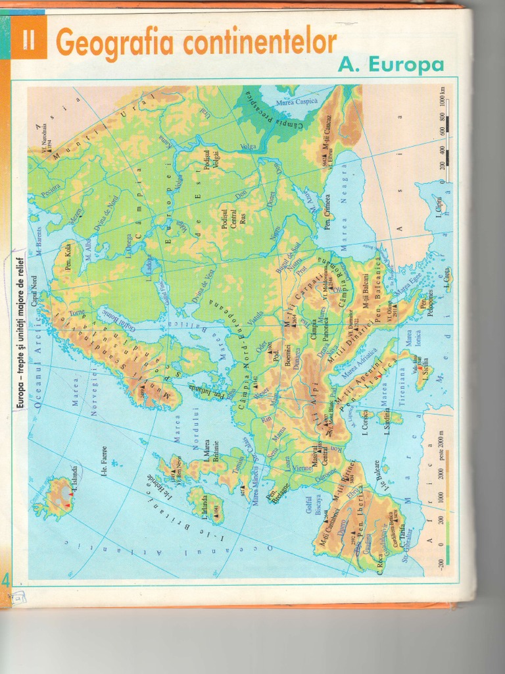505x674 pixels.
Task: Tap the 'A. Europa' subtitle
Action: click(x=391, y=65)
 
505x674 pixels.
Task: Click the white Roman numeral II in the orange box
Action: click(x=28, y=41)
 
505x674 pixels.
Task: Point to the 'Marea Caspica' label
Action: click(x=297, y=101)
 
